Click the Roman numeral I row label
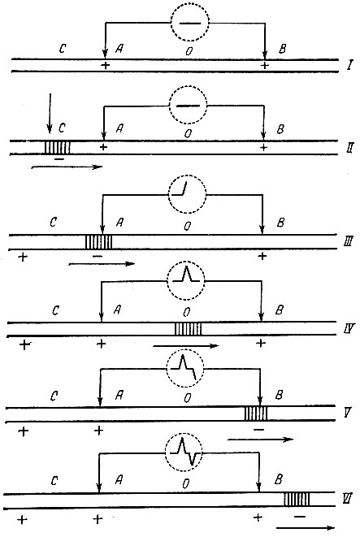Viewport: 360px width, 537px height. [x=349, y=65]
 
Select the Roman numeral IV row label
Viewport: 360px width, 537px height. [x=349, y=329]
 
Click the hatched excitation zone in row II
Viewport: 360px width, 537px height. [x=58, y=148]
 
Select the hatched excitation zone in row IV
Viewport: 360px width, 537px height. [x=188, y=329]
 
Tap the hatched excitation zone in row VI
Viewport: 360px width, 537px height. [x=297, y=500]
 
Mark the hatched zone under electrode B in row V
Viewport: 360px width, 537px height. [x=255, y=414]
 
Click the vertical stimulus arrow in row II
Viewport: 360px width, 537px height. [x=50, y=113]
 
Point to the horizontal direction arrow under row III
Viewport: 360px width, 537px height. [x=102, y=264]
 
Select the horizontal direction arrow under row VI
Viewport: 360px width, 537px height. [x=305, y=528]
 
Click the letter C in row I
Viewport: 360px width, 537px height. [x=63, y=49]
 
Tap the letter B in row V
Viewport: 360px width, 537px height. [x=280, y=395]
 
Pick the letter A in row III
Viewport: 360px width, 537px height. [x=119, y=223]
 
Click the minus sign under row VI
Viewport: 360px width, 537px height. [x=300, y=517]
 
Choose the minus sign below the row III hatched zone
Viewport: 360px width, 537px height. [x=98, y=256]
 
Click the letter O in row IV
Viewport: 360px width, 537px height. [x=187, y=312]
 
